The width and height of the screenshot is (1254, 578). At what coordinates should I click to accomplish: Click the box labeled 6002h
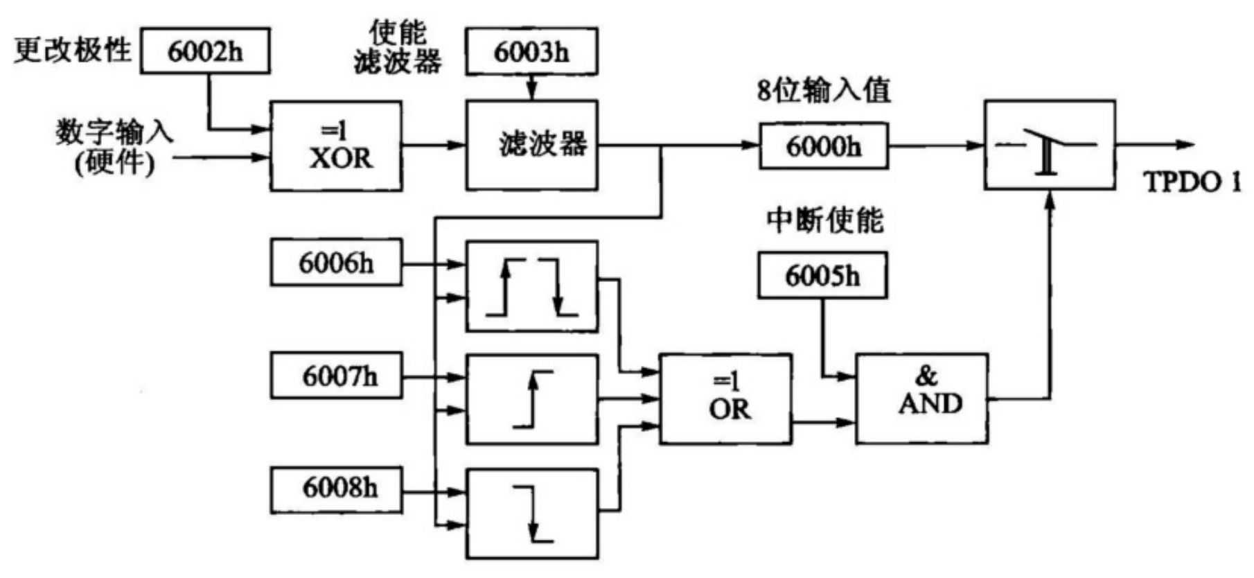[x=205, y=51]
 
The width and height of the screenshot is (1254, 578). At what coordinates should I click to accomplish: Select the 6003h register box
[x=531, y=51]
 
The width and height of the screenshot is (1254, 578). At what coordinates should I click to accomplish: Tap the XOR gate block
[x=335, y=146]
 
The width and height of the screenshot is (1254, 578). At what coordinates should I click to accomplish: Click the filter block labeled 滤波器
[x=531, y=146]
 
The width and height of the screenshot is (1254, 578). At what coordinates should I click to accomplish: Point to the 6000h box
[x=823, y=146]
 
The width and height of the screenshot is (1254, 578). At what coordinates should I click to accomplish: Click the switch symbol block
[x=1050, y=145]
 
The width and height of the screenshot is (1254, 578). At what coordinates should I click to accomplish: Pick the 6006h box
[x=336, y=263]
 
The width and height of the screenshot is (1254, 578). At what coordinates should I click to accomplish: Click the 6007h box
[x=336, y=376]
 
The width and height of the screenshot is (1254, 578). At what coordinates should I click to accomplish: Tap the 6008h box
[x=336, y=489]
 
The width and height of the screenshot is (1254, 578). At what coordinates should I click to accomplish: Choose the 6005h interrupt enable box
[x=822, y=276]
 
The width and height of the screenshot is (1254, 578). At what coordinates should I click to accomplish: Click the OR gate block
[x=725, y=398]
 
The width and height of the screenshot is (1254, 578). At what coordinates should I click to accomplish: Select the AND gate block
[x=922, y=398]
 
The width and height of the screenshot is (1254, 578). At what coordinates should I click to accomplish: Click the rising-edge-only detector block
[x=531, y=399]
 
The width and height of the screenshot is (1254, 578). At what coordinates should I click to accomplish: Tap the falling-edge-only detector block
[x=531, y=514]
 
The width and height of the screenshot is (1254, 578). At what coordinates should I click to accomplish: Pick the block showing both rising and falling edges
[x=531, y=286]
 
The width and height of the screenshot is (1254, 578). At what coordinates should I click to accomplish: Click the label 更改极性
[x=73, y=50]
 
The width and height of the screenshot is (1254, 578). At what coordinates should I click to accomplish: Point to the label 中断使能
[x=824, y=220]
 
